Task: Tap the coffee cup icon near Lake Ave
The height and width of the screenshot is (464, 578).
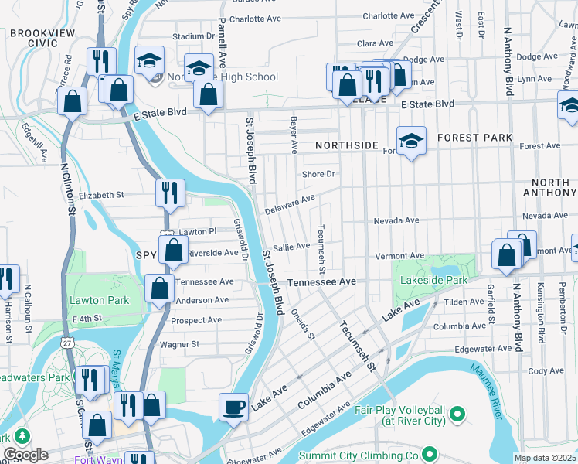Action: click(233, 406)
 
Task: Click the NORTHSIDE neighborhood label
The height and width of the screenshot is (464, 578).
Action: click(347, 145)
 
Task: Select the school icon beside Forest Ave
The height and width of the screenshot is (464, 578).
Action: click(411, 140)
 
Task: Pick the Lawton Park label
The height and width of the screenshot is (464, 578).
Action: click(93, 299)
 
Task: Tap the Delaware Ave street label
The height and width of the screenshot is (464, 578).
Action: click(290, 204)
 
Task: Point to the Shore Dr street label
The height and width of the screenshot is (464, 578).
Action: click(318, 174)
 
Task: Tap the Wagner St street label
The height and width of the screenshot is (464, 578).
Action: click(179, 343)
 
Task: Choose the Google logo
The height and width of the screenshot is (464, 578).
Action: click(25, 455)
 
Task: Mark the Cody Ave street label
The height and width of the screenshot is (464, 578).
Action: click(546, 371)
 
